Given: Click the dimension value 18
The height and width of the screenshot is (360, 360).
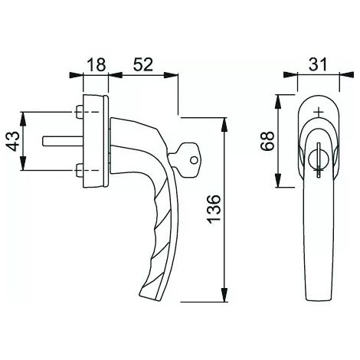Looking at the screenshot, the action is (x=97, y=65).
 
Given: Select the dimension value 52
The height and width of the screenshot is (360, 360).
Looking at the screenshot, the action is (x=143, y=64).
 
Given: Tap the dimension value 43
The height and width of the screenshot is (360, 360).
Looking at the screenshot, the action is (x=12, y=141).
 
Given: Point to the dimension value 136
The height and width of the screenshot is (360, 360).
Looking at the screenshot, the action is (x=214, y=209).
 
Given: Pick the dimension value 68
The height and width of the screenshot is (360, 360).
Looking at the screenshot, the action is (x=268, y=141).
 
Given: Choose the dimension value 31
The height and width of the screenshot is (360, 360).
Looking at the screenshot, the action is (x=318, y=64).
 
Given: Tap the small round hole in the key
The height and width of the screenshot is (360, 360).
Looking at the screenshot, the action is (x=194, y=160).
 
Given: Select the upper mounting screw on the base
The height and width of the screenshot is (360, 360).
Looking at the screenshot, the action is (x=80, y=112).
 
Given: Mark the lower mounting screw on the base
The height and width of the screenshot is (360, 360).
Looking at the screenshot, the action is (x=80, y=170).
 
